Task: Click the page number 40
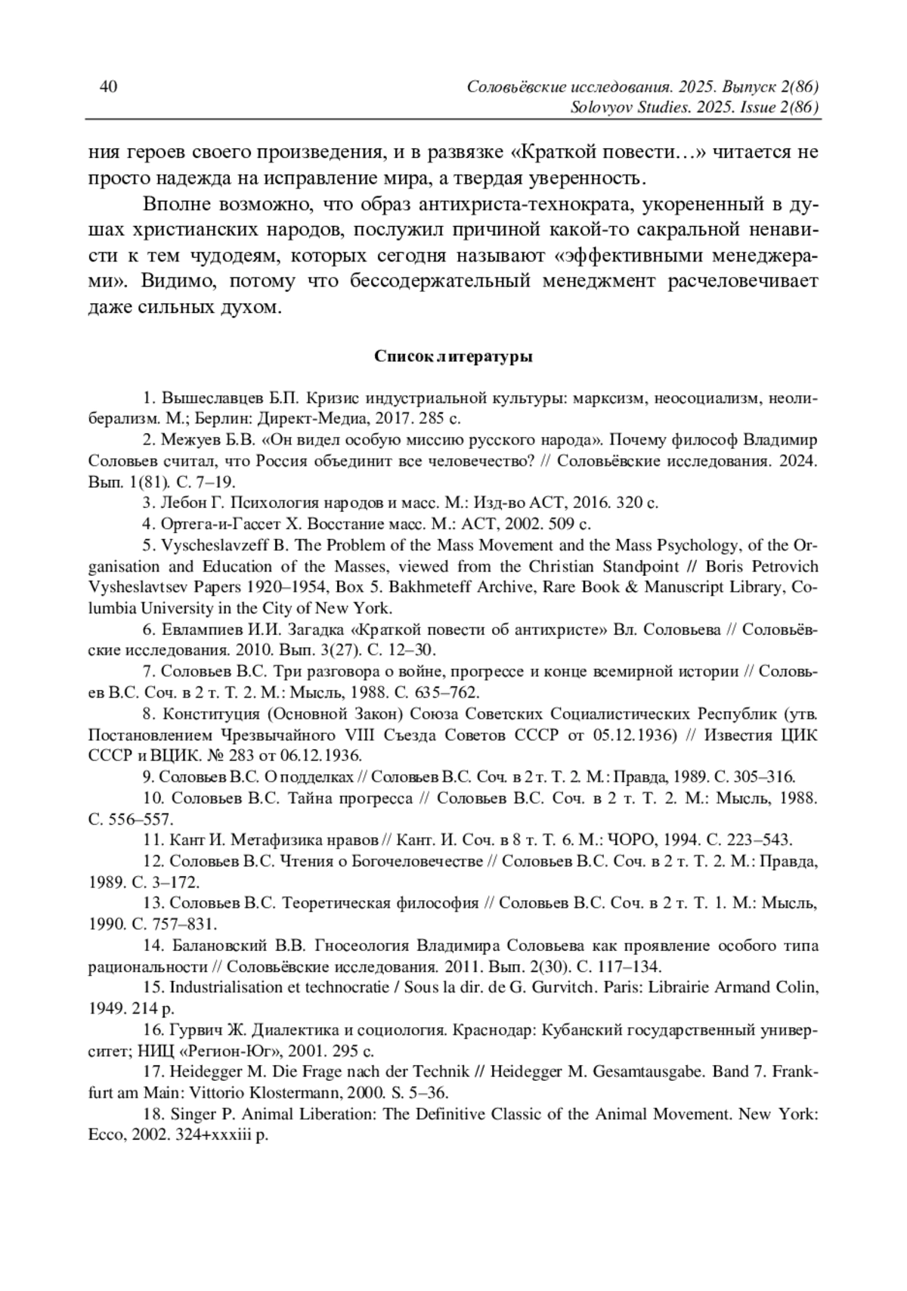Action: [x=109, y=87]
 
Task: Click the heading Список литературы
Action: [x=453, y=357]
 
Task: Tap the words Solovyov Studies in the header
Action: [x=614, y=107]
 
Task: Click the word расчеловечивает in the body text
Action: [x=743, y=282]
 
